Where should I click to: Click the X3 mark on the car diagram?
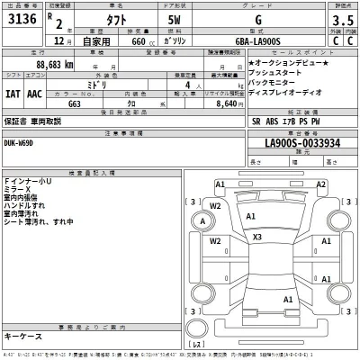click(257, 237)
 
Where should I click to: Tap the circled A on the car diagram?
click(203, 221)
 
